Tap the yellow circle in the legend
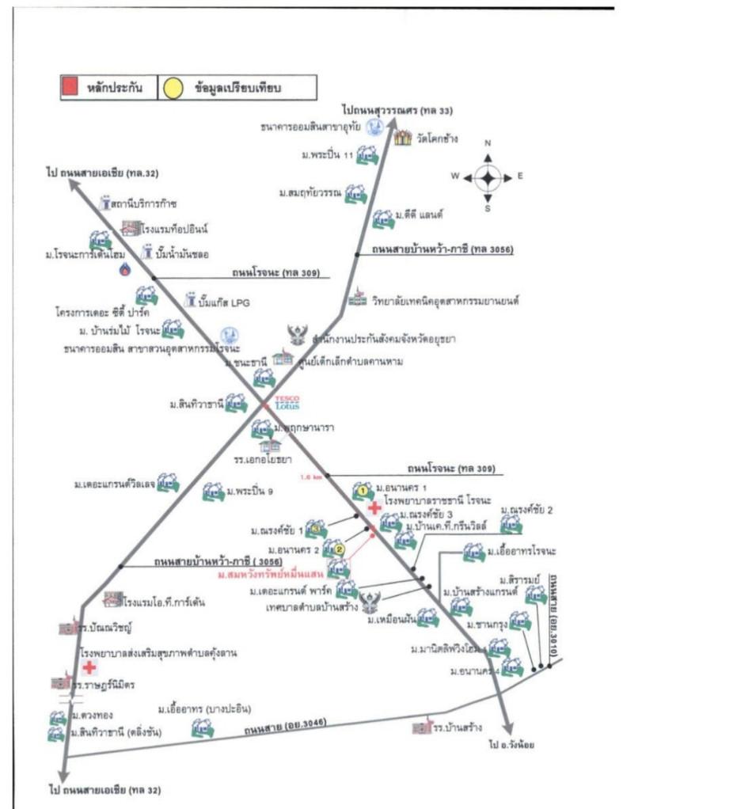tap(172, 87)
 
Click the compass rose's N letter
tap(488, 143)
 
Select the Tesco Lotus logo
tap(287, 401)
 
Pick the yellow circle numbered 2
tap(339, 549)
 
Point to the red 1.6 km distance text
tap(311, 477)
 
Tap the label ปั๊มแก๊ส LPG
tap(226, 302)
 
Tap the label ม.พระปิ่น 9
tap(249, 492)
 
